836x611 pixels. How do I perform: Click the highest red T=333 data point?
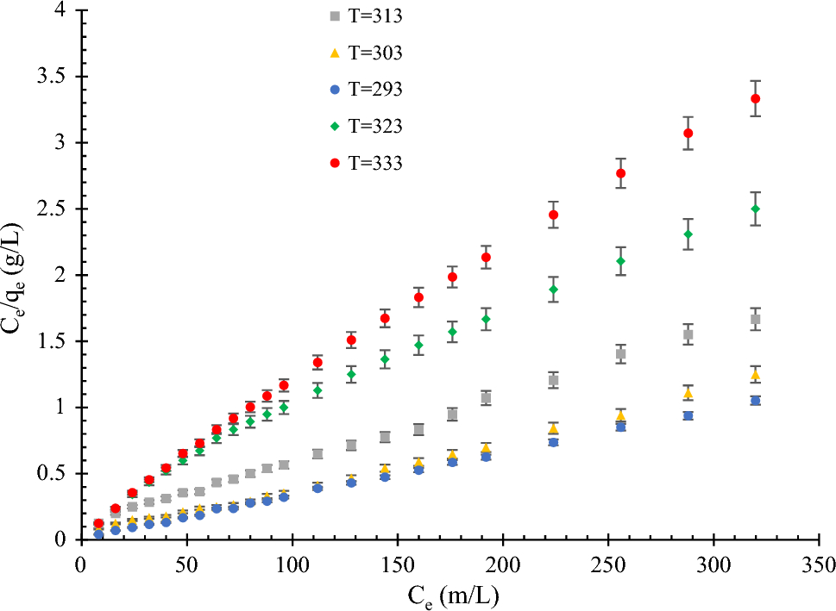coord(756,98)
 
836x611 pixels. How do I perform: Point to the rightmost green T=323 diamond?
coord(756,209)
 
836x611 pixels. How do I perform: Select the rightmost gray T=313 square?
coord(756,319)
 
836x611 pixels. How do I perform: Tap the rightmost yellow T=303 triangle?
coord(756,375)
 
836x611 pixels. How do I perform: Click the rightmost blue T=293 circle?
coord(756,400)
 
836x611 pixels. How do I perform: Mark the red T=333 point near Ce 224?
coord(554,215)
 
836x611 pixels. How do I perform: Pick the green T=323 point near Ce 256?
coord(621,261)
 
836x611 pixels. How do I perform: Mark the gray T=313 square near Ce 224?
coord(554,380)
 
